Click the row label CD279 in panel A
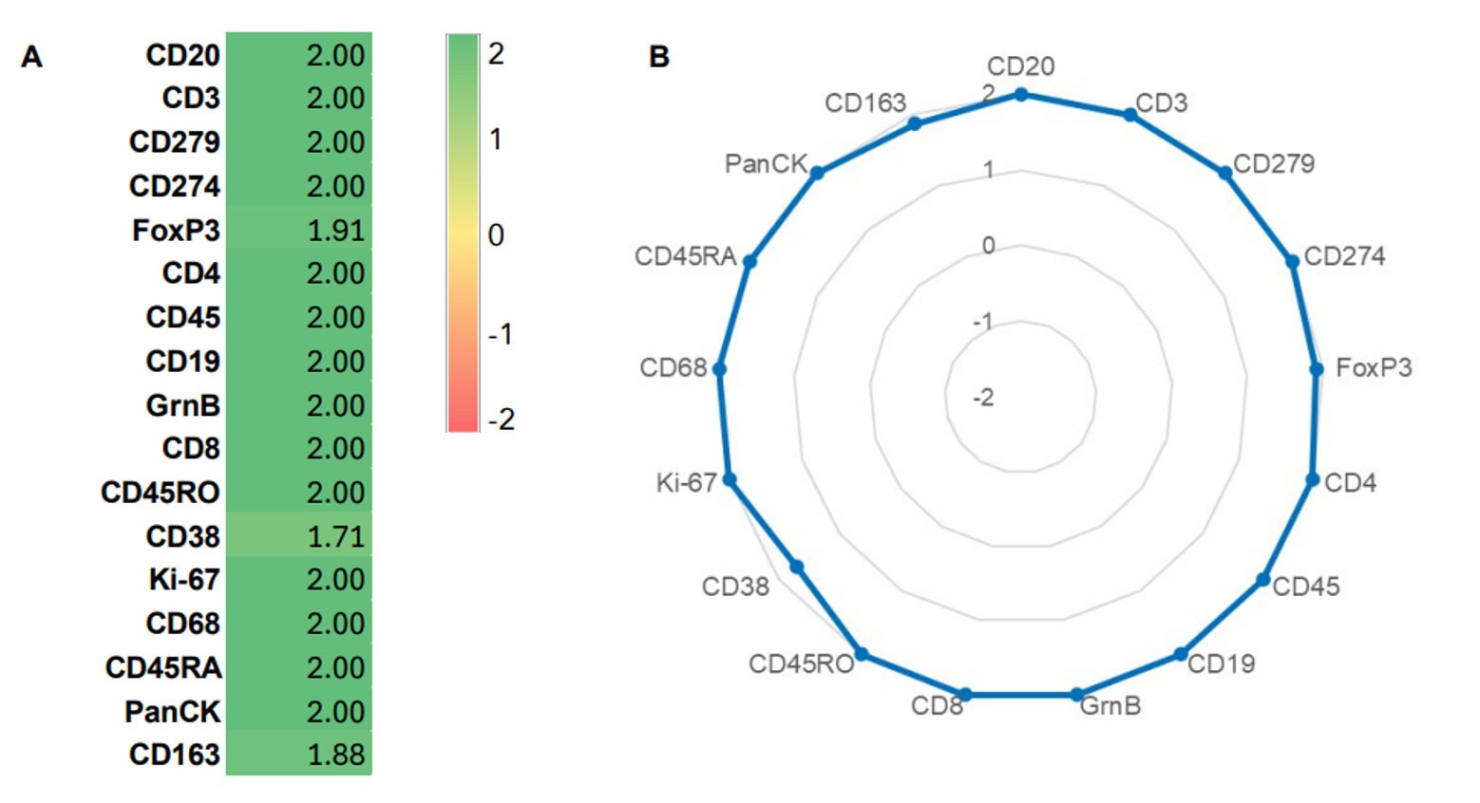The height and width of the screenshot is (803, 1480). [x=175, y=141]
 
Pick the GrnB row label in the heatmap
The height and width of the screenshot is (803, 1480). [x=182, y=405]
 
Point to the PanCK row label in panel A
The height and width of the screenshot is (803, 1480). [x=172, y=711]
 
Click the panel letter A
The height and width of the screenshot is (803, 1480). [x=31, y=57]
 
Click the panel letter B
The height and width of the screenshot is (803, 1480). [x=658, y=57]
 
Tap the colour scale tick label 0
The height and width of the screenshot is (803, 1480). [x=495, y=234]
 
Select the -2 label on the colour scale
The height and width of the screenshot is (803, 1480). [x=501, y=419]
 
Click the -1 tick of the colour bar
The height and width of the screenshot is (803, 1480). [x=501, y=333]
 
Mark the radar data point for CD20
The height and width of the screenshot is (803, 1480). [x=1021, y=94]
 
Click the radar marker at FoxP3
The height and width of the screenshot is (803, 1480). [x=1317, y=369]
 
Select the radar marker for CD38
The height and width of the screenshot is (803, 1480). [x=797, y=567]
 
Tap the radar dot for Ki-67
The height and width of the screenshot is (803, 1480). [x=730, y=479]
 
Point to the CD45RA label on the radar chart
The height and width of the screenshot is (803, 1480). [x=685, y=256]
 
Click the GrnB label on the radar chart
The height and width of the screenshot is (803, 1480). [x=1110, y=705]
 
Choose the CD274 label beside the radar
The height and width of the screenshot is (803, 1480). [x=1344, y=256]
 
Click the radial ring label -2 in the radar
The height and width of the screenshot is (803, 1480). [x=983, y=397]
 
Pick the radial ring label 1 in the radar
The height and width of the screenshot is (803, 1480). [x=989, y=170]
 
